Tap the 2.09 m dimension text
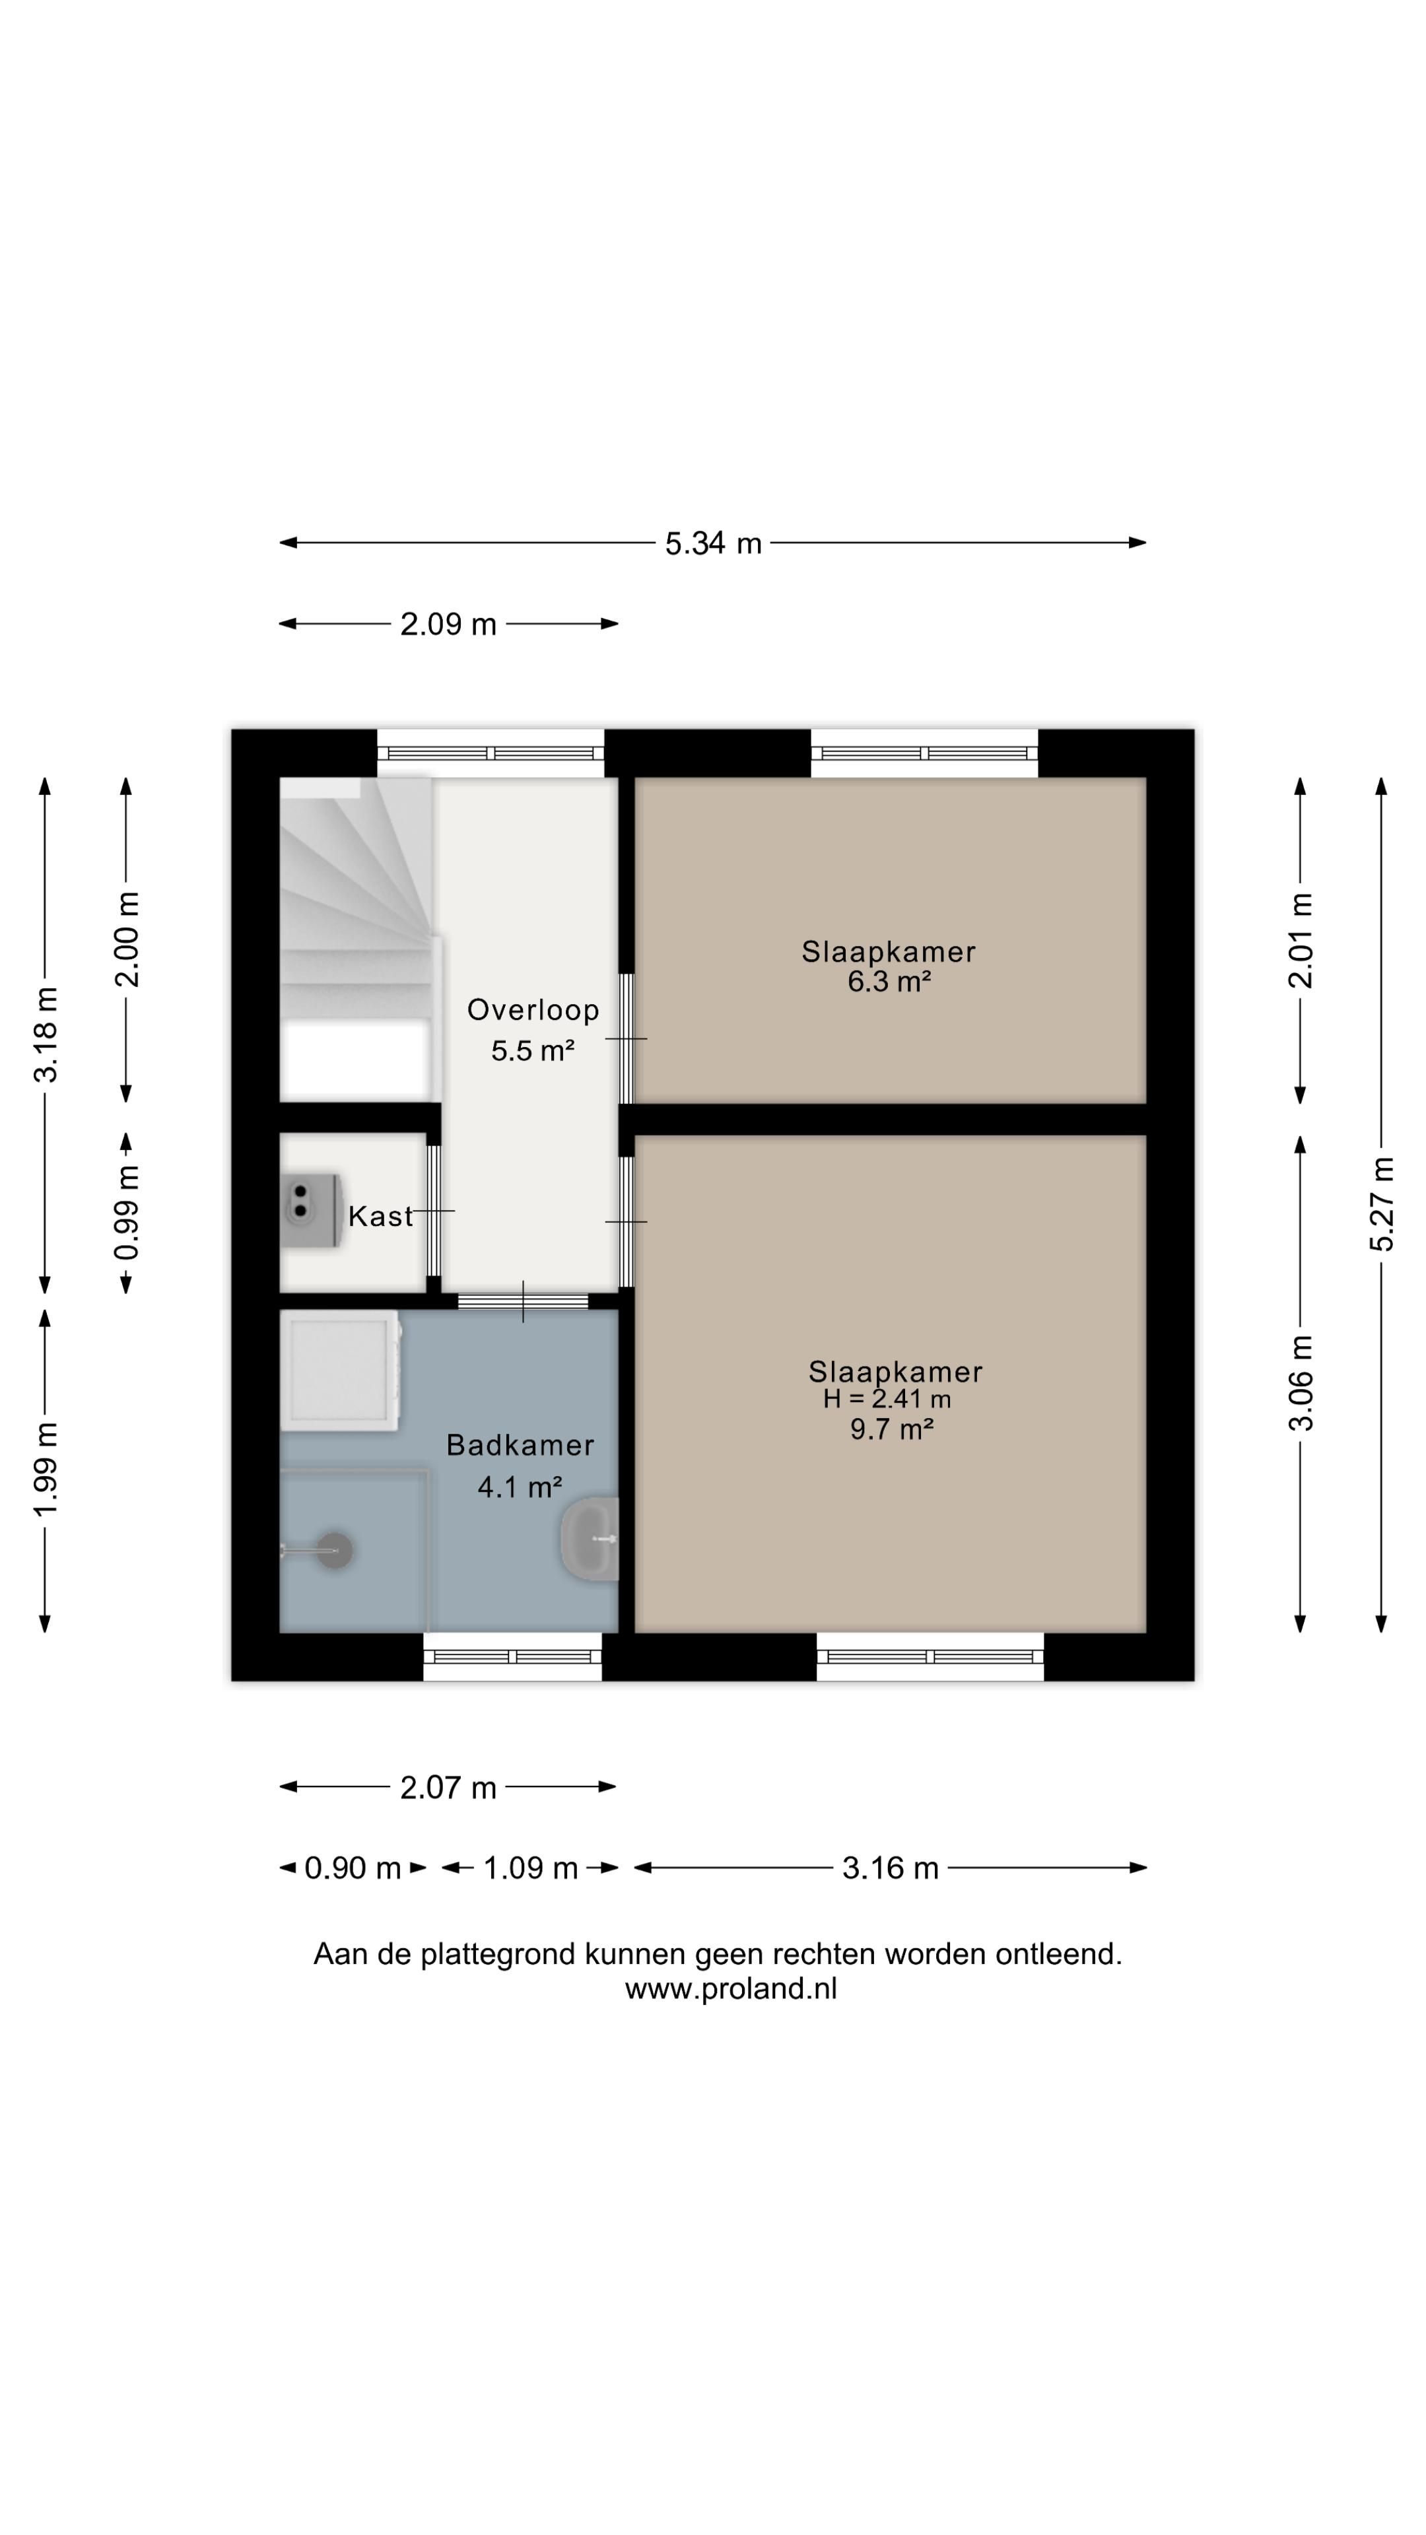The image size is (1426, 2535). click(448, 624)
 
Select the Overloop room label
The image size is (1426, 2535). click(532, 1009)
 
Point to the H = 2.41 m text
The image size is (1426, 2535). click(887, 1398)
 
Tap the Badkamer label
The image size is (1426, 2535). click(520, 1444)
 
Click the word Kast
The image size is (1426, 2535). click(380, 1216)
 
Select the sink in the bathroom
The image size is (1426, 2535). click(590, 1538)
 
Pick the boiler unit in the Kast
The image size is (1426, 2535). click(311, 1209)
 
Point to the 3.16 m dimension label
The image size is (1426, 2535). click(890, 1868)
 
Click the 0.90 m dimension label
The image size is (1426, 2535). click(353, 1868)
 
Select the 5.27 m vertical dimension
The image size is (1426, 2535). click(1382, 1203)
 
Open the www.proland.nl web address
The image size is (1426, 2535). click(730, 1990)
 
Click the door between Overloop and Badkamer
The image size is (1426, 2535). click(523, 1301)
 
